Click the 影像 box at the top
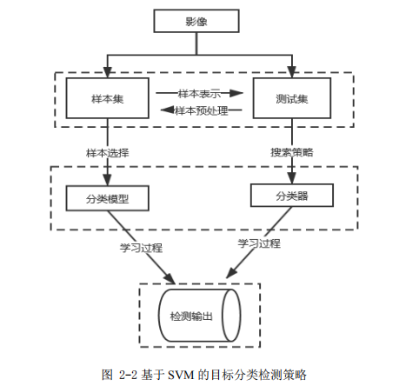point(196,21)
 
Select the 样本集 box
point(108,98)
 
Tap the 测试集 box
point(292,98)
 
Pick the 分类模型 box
point(108,198)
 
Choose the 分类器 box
point(292,196)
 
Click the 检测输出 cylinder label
point(191,316)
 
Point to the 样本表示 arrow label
point(199,94)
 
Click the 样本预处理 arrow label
point(202,110)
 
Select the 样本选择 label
point(108,153)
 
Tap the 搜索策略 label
point(292,152)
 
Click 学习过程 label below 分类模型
point(141,248)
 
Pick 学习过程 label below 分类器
point(259,243)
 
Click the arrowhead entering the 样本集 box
point(108,72)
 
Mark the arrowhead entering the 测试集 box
point(292,72)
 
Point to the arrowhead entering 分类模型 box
point(108,180)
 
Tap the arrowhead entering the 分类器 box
point(292,178)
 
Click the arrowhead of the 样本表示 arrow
point(236,93)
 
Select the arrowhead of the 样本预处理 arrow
point(167,110)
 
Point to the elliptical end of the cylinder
point(231,316)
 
